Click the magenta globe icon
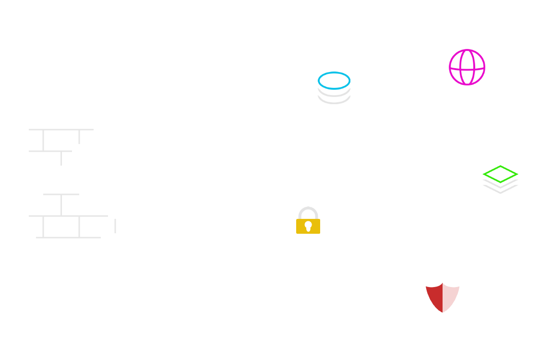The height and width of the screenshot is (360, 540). point(467,67)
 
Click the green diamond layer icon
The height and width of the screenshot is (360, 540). point(500,174)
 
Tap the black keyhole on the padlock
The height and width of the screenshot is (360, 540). point(308,225)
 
